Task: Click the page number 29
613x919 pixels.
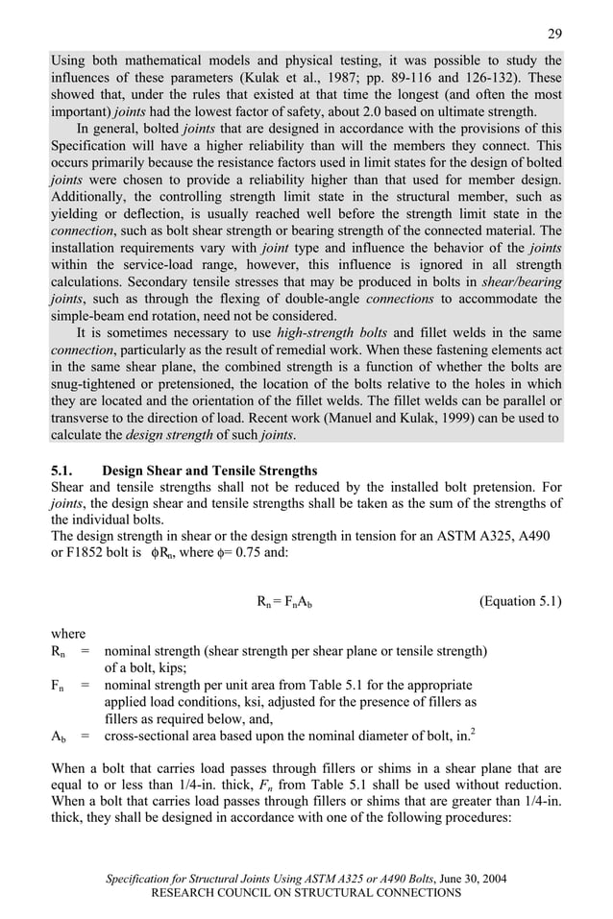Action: pyautogui.click(x=554, y=34)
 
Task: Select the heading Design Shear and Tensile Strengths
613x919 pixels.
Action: pyautogui.click(x=208, y=471)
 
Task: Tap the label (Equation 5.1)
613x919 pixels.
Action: pyautogui.click(x=520, y=601)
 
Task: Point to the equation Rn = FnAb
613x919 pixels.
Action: pyautogui.click(x=285, y=602)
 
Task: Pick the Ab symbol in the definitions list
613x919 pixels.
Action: pyautogui.click(x=59, y=737)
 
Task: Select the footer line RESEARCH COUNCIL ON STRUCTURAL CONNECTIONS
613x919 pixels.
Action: pyautogui.click(x=306, y=893)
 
